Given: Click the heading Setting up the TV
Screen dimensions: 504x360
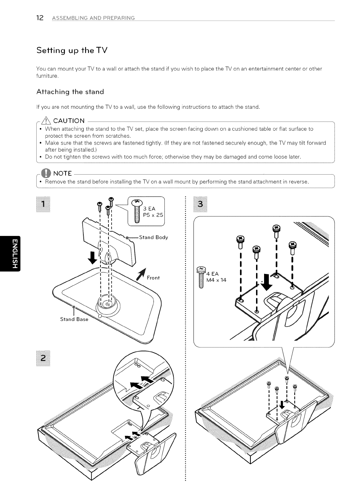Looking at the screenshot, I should (x=72, y=50).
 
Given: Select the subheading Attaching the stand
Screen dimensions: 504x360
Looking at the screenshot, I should (x=70, y=92).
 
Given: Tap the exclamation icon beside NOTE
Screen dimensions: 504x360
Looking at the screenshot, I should (x=46, y=173).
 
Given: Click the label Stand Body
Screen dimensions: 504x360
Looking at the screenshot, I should (x=153, y=237).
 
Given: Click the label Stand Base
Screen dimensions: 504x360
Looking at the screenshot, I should (x=74, y=319).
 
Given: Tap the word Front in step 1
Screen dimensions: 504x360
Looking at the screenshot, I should (x=153, y=278).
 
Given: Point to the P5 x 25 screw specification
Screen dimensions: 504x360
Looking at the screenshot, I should (x=153, y=215).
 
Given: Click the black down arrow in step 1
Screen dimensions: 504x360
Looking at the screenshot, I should (x=93, y=258).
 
